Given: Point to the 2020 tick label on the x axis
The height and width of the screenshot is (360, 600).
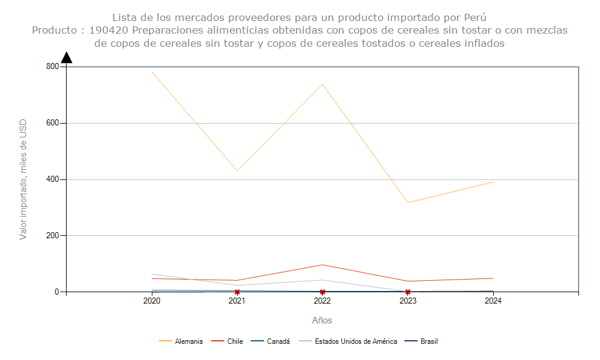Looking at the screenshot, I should coord(152,301).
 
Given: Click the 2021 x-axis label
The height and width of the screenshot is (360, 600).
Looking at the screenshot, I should coord(237,301).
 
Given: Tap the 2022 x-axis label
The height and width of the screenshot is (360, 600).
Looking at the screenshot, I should coord(322,301).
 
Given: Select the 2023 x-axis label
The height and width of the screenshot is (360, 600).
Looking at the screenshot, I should coord(408,301).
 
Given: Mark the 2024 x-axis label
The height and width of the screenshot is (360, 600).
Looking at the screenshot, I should coord(493,301).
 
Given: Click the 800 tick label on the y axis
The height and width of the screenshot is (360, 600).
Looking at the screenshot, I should coord(52,67).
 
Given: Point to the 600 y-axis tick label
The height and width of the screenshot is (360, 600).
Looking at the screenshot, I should coord(52,123).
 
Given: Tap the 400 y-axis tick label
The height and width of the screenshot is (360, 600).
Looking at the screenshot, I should coord(52,179).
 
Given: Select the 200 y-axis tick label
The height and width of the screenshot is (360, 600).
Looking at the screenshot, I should coord(52,236).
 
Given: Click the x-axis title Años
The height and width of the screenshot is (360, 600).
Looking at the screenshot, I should coord(322,320).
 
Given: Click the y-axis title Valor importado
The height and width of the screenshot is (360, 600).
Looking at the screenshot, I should coord(23,179).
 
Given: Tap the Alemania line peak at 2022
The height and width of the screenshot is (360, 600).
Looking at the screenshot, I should coord(322,84).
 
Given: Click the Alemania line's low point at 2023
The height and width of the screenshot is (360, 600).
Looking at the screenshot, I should coord(408,202).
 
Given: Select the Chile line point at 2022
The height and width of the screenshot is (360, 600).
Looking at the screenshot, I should coord(322,265).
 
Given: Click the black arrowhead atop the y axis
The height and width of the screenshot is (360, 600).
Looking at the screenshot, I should coord(67,58).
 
